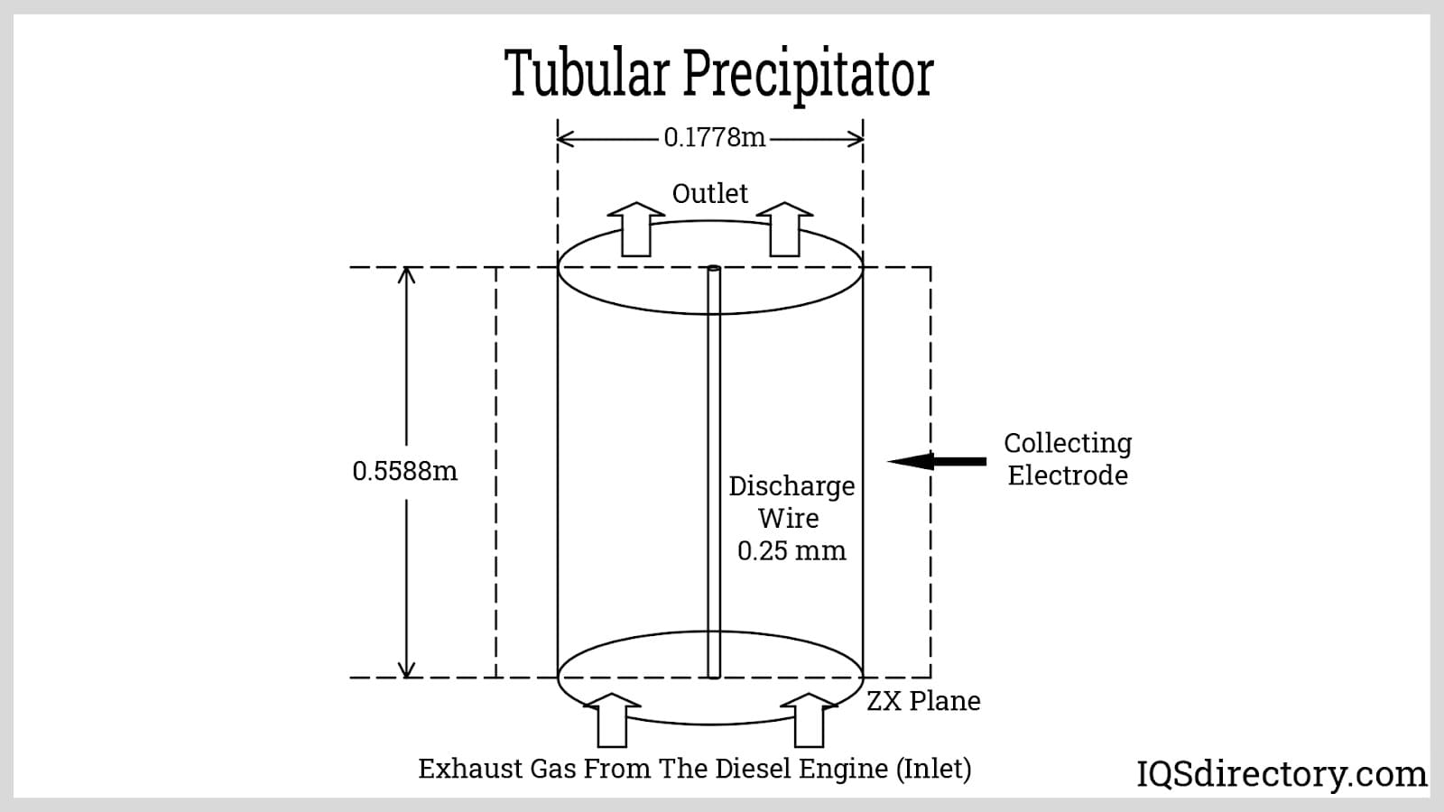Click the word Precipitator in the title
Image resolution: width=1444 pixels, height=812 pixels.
pos(809,74)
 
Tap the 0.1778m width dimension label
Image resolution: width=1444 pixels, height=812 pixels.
pos(714,137)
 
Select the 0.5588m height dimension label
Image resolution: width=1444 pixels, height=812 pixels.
pos(405,471)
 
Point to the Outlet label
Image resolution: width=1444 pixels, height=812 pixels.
pos(710,193)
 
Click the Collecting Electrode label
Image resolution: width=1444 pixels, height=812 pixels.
pos(1068,458)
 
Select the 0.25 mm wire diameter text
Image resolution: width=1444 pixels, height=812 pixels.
pos(791,551)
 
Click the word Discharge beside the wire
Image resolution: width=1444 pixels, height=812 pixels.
pos(791,486)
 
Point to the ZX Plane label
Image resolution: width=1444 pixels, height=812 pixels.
pos(923,701)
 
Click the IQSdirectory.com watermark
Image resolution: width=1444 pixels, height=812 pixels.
pos(1282,774)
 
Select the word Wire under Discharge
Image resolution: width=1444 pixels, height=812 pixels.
pos(789,519)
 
